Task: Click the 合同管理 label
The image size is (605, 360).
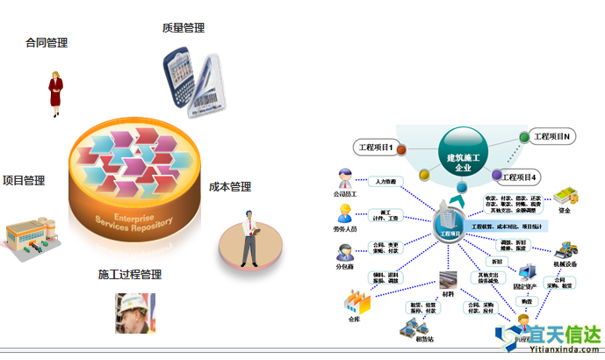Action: tap(47, 42)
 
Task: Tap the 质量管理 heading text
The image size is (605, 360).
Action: tap(184, 28)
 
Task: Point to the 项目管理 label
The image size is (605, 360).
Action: tap(24, 181)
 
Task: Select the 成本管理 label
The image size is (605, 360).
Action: tap(230, 187)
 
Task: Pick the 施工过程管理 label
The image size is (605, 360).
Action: tap(131, 275)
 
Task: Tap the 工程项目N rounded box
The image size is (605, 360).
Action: tap(554, 137)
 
